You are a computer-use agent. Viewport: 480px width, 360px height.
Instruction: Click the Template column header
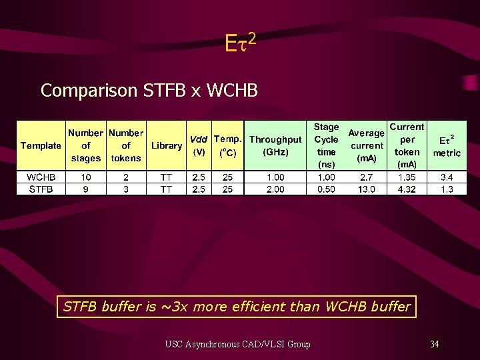[x=41, y=145]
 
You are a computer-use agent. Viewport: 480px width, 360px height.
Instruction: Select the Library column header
[x=167, y=145]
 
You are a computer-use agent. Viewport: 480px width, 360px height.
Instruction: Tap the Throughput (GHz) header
[x=275, y=145]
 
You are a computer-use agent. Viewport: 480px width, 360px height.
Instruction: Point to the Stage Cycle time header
[x=327, y=145]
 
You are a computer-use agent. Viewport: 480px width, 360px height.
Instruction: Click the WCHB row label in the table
[x=41, y=177]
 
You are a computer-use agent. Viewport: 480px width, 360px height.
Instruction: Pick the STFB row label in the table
[x=41, y=189]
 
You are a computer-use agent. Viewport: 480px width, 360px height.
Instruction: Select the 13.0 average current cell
[x=367, y=189]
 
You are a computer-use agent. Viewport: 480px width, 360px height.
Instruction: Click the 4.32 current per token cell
[x=407, y=189]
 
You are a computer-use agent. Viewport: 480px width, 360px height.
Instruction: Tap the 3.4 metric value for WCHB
[x=447, y=177]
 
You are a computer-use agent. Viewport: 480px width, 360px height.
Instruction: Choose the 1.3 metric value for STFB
[x=447, y=189]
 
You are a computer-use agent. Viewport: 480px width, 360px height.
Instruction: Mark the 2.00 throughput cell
[x=275, y=189]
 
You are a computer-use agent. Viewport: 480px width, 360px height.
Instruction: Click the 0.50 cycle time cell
[x=327, y=189]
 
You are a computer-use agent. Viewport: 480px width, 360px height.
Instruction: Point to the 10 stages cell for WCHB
[x=87, y=177]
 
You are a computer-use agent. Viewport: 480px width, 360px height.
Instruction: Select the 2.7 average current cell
[x=367, y=177]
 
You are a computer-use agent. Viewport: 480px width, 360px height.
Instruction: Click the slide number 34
[x=434, y=344]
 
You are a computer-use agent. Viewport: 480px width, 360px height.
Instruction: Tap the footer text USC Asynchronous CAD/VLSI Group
[x=237, y=344]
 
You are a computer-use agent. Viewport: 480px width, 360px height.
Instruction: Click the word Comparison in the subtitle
[x=90, y=90]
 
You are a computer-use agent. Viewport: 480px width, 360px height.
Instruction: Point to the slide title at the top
[x=240, y=45]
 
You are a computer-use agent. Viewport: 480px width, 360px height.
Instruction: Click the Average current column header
[x=367, y=145]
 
